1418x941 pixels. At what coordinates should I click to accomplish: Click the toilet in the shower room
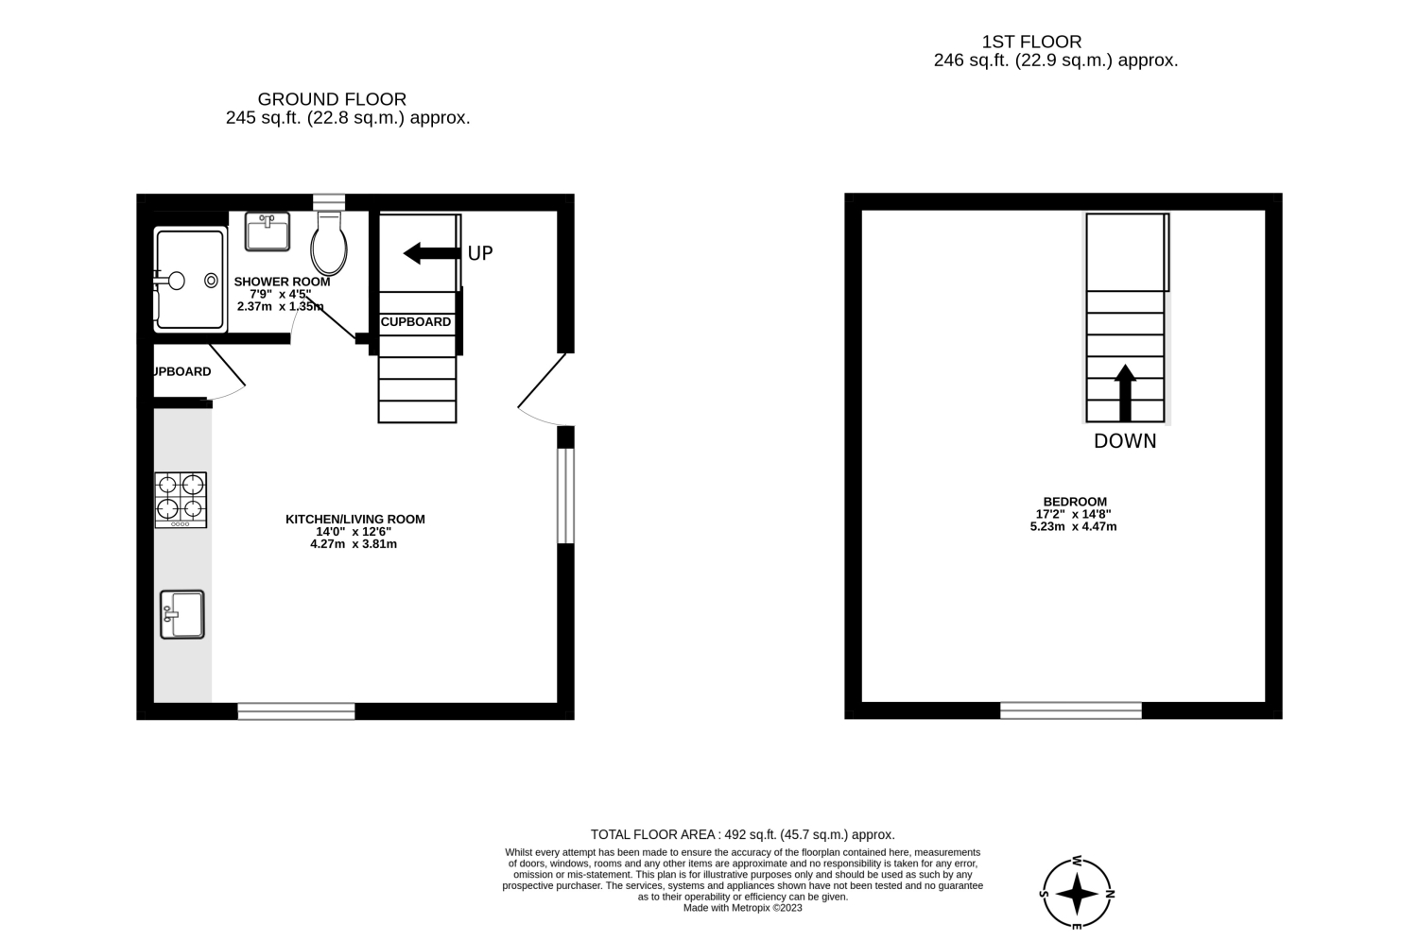click(329, 244)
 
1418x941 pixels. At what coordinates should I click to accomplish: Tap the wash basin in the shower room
click(268, 231)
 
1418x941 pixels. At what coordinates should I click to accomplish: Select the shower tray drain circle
click(211, 280)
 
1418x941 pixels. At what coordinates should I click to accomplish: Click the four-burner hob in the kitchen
click(181, 500)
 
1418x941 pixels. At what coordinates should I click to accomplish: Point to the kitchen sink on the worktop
click(182, 614)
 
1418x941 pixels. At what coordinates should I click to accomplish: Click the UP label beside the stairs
click(480, 253)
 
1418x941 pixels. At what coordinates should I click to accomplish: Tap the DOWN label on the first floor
click(1125, 441)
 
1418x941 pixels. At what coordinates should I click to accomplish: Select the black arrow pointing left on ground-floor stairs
click(432, 253)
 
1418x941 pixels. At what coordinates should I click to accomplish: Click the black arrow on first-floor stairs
click(1125, 392)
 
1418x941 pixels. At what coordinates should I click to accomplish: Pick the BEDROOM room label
click(1075, 502)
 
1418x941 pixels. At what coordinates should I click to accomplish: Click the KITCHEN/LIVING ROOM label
click(355, 520)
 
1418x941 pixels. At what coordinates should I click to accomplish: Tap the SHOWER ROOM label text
click(282, 282)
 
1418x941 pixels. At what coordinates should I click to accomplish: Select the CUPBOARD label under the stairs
click(416, 322)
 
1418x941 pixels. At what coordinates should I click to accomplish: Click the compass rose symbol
click(1077, 894)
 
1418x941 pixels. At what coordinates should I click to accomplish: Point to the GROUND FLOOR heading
click(332, 99)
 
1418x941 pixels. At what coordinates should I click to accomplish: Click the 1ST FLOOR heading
click(1032, 42)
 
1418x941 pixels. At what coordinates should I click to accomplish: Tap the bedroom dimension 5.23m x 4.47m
click(1074, 526)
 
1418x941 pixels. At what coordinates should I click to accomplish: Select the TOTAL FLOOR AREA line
click(742, 834)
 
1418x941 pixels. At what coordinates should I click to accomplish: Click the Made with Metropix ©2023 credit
click(742, 908)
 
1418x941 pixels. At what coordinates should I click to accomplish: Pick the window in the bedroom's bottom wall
click(1070, 710)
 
